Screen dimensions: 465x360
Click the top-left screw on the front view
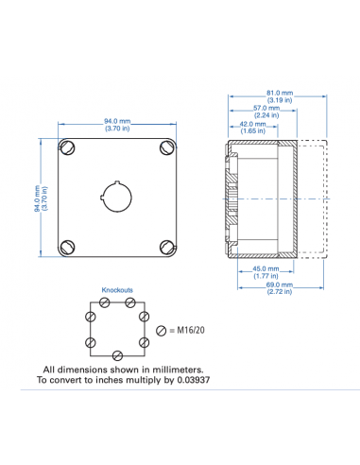tap(68, 147)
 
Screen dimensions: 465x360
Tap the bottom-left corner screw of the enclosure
tap(68, 247)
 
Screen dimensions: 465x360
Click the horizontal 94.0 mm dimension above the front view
tap(116, 121)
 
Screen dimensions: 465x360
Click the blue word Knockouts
tap(117, 290)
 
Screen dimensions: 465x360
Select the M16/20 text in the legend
tap(192, 329)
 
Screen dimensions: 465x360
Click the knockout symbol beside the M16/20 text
tap(162, 329)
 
